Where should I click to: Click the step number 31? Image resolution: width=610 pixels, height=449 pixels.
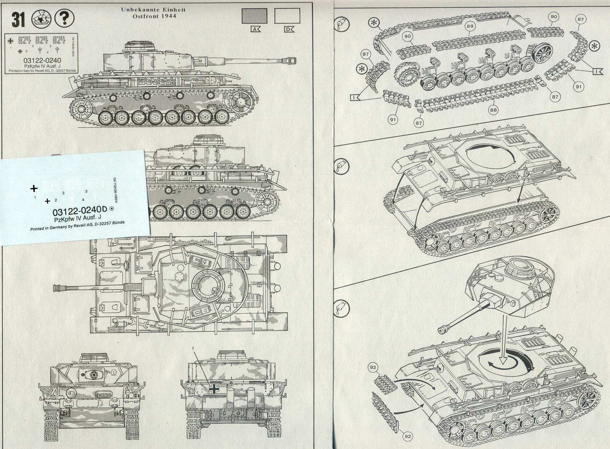[x=18, y=19]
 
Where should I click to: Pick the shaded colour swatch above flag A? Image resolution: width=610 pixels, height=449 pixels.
[x=254, y=16]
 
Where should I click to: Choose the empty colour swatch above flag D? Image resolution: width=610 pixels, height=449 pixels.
[x=287, y=16]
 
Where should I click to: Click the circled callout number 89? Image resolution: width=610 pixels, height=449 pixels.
[x=470, y=26]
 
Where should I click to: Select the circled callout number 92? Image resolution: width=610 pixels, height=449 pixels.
[x=408, y=436]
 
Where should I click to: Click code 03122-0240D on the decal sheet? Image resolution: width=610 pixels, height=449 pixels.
[x=80, y=211]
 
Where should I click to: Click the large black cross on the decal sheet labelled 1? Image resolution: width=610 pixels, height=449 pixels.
[x=34, y=189]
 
